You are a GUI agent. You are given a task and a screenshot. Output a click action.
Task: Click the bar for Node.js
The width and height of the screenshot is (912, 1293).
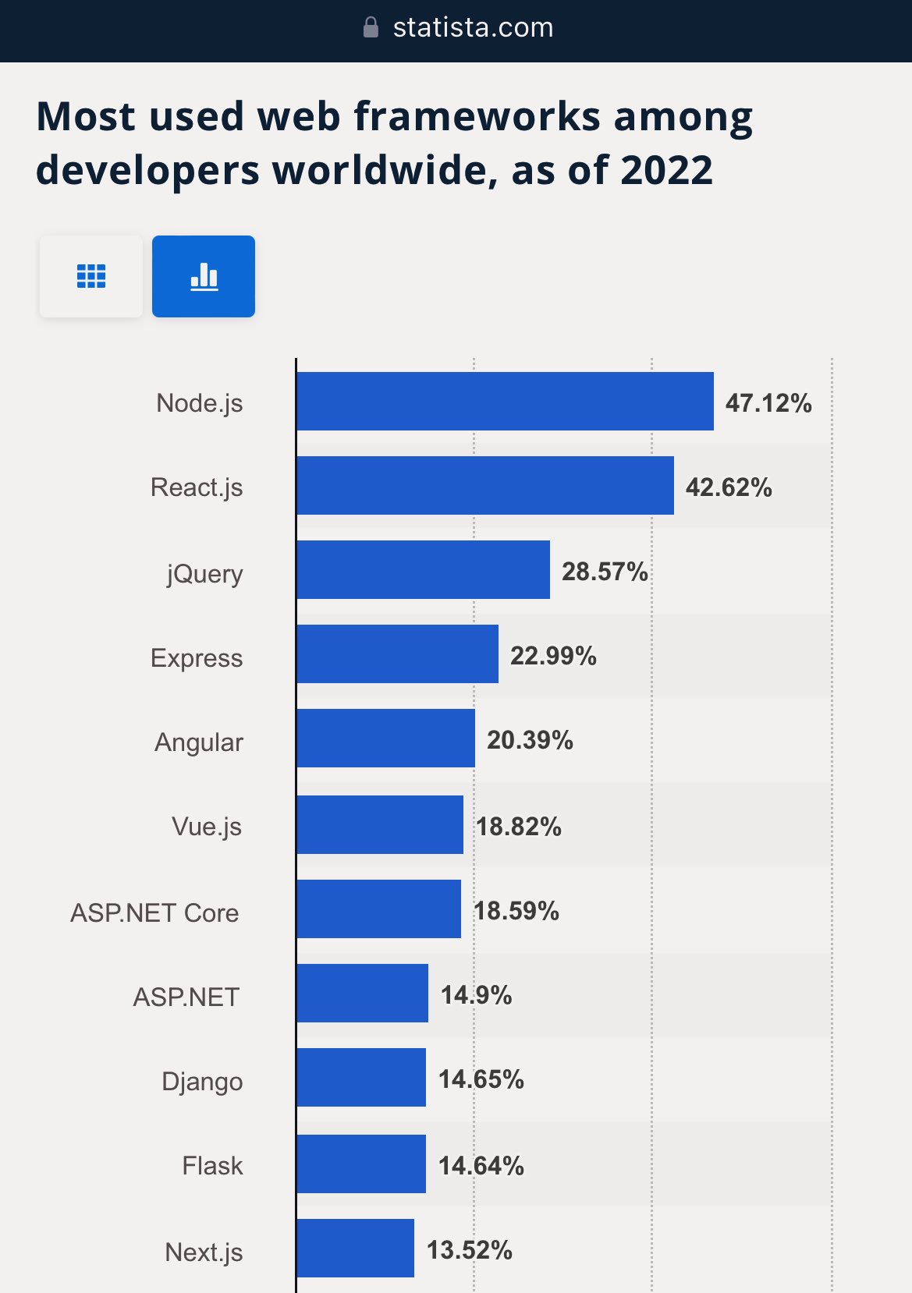(x=505, y=401)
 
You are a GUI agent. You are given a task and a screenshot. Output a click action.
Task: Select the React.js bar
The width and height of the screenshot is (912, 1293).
(x=484, y=485)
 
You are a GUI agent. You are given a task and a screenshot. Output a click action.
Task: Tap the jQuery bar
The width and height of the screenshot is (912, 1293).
(x=423, y=569)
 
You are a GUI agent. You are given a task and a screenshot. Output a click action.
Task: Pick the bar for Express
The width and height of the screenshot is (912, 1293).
(x=397, y=654)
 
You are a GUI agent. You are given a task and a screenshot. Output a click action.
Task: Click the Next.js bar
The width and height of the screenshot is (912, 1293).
(x=355, y=1248)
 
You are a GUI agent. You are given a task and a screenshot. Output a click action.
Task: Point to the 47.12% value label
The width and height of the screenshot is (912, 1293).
(x=768, y=403)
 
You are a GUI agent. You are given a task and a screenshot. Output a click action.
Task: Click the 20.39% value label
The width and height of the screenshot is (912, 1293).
(x=530, y=740)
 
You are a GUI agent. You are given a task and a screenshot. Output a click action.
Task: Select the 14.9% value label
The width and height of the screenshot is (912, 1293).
(x=476, y=994)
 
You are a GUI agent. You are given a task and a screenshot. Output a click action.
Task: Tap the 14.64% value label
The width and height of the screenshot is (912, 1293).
(x=481, y=1166)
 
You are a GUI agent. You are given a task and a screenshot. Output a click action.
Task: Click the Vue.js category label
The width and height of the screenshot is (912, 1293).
(x=207, y=826)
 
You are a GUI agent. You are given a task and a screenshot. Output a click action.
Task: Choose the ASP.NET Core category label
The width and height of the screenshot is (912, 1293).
(x=154, y=912)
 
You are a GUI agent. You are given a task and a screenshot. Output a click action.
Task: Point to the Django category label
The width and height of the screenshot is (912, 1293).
(x=202, y=1082)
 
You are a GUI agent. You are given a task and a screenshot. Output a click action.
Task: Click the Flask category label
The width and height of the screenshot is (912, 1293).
(x=212, y=1166)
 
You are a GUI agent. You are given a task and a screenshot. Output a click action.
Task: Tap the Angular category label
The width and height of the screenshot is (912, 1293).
(x=199, y=742)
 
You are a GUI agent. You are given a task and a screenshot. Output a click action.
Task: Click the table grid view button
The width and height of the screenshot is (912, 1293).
(x=91, y=276)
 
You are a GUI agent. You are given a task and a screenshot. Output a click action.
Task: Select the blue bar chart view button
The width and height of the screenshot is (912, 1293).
(x=204, y=276)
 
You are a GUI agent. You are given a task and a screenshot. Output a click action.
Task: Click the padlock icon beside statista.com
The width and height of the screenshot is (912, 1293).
(x=371, y=28)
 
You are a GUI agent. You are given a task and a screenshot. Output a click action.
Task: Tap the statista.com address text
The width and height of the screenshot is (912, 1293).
(x=473, y=28)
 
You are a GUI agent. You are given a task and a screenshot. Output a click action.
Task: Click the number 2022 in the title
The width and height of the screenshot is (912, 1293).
(x=667, y=170)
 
